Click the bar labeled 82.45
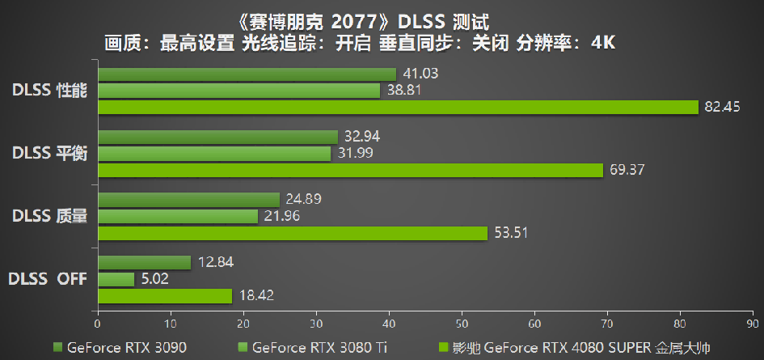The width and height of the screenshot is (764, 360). click(397, 107)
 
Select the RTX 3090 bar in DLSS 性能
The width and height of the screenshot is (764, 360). click(247, 74)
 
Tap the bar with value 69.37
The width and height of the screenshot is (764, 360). click(350, 170)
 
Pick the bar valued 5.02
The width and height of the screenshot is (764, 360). click(116, 279)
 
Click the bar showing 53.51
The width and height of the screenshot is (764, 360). click(292, 233)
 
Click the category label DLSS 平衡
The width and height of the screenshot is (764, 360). click(49, 154)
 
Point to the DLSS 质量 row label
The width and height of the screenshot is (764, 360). click(49, 216)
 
